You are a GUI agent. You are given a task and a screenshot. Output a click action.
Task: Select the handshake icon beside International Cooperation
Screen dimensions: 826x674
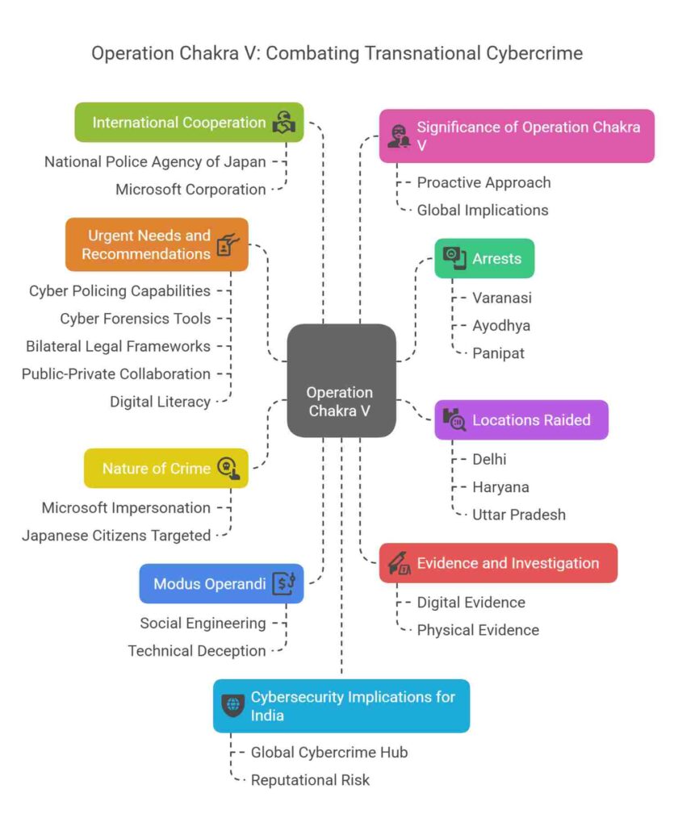pyautogui.click(x=284, y=123)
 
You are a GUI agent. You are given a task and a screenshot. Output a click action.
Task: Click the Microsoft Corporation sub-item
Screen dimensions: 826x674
pyautogui.click(x=190, y=190)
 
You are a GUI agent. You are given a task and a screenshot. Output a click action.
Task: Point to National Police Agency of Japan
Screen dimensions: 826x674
pyautogui.click(x=155, y=161)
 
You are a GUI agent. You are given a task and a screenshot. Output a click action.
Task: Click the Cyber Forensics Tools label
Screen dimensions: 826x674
pyautogui.click(x=136, y=319)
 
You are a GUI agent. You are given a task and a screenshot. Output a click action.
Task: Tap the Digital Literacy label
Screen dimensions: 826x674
pyautogui.click(x=160, y=402)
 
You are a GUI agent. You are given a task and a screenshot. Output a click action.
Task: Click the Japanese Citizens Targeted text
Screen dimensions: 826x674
pyautogui.click(x=116, y=535)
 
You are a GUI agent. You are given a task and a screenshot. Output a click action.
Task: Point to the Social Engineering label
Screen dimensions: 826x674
pyautogui.click(x=203, y=623)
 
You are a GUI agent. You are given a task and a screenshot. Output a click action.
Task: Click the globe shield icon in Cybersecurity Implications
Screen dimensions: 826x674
pyautogui.click(x=232, y=705)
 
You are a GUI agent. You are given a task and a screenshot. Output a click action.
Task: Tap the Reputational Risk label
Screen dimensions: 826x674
pyautogui.click(x=310, y=780)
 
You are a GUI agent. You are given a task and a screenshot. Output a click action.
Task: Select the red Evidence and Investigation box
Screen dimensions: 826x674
pyautogui.click(x=498, y=563)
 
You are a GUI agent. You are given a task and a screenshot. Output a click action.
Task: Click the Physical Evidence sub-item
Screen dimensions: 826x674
pyautogui.click(x=478, y=630)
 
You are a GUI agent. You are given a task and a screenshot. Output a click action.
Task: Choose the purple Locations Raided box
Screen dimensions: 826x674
pyautogui.click(x=521, y=419)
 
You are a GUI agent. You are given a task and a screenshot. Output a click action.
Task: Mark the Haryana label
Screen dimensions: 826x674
pyautogui.click(x=500, y=487)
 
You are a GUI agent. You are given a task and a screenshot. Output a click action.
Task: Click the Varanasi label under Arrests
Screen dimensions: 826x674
pyautogui.click(x=502, y=298)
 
